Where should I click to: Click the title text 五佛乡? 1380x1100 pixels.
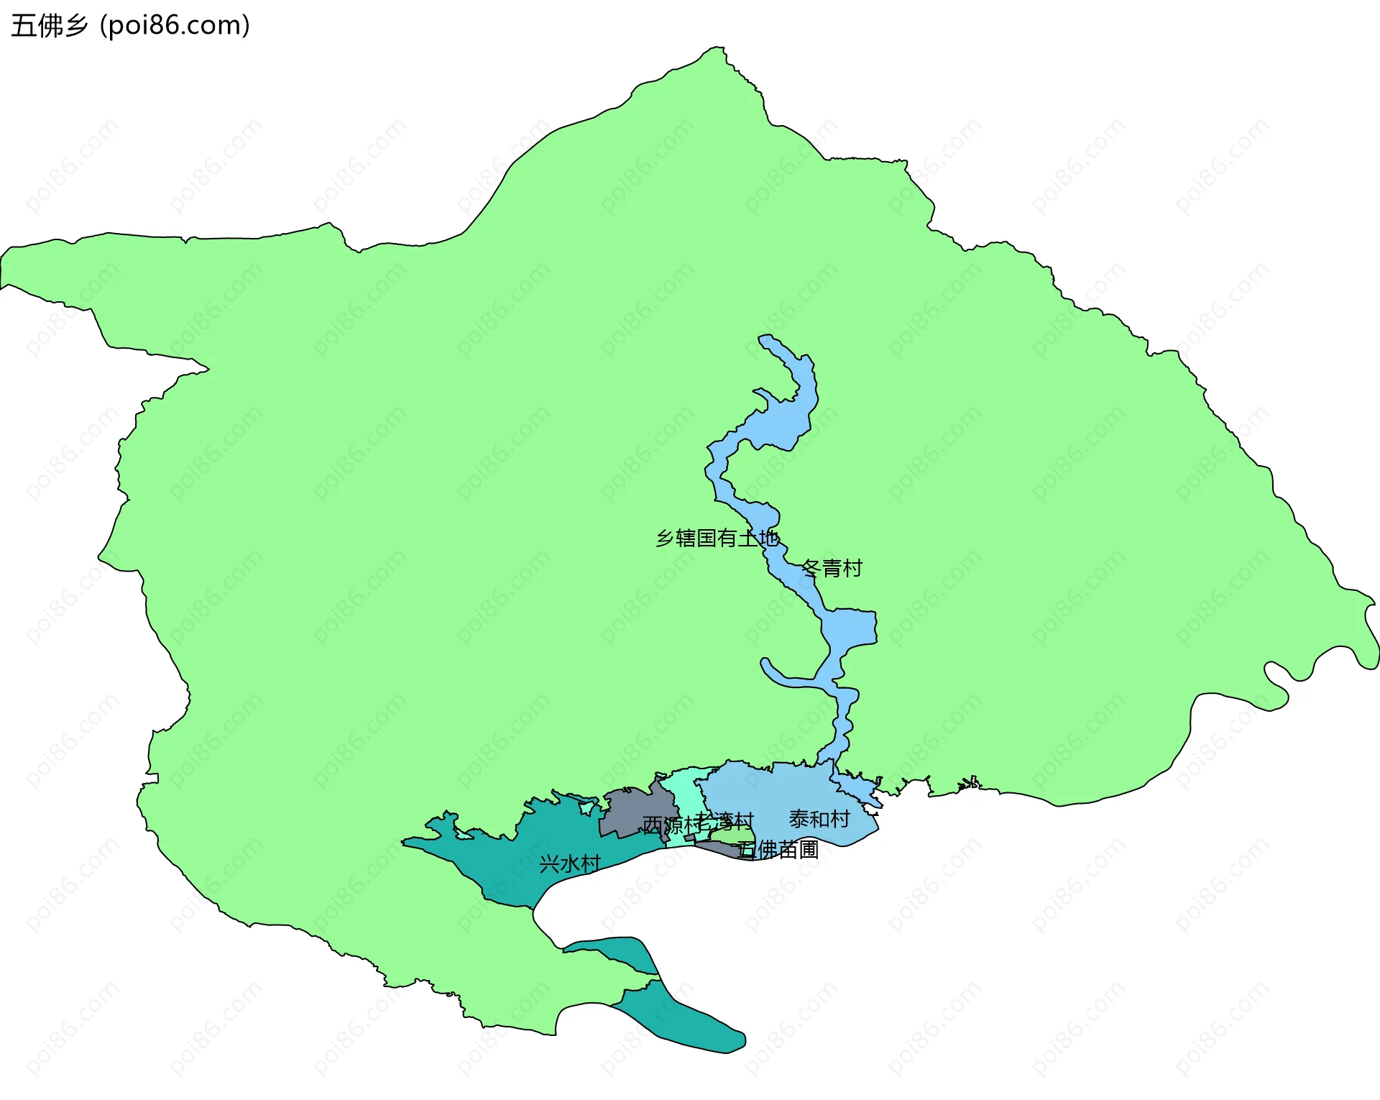(x=49, y=26)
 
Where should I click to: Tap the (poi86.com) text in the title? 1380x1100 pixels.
(x=175, y=26)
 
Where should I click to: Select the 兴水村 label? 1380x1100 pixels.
(x=569, y=863)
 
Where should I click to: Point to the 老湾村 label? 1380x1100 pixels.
(x=726, y=821)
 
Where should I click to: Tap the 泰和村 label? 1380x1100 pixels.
(x=819, y=819)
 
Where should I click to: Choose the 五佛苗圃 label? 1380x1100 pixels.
(x=778, y=850)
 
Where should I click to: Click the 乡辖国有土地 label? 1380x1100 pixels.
(x=717, y=538)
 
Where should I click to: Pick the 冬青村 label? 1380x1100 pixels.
(x=832, y=569)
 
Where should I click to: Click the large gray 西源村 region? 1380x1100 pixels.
(x=632, y=812)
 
